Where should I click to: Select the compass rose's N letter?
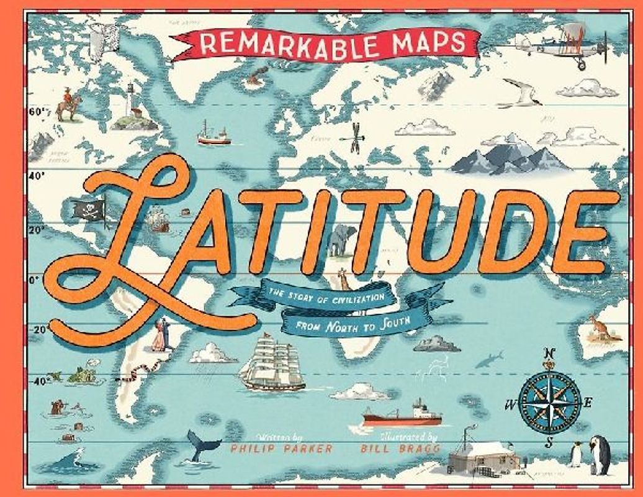click(x=548, y=353)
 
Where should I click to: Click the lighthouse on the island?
click(x=131, y=99)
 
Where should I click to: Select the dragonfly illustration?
click(x=355, y=138)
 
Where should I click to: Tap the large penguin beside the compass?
click(x=600, y=454)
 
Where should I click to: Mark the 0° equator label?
click(x=34, y=280)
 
